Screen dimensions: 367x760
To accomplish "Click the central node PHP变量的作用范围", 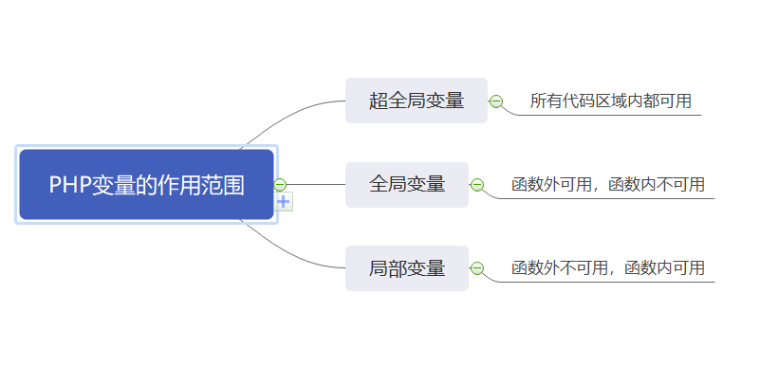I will pyautogui.click(x=146, y=184).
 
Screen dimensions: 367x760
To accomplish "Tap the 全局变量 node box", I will pyautogui.click(x=406, y=184).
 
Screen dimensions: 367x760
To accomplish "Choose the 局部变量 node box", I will pyautogui.click(x=406, y=268).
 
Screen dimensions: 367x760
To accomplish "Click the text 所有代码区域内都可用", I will pyautogui.click(x=610, y=101).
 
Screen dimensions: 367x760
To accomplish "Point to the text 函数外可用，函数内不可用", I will pyautogui.click(x=607, y=184).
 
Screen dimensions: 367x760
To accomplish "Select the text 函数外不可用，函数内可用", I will pyautogui.click(x=607, y=268).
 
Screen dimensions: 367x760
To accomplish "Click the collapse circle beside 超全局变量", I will pyautogui.click(x=495, y=101).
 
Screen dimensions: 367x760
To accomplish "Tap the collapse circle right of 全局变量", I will pyautogui.click(x=477, y=185).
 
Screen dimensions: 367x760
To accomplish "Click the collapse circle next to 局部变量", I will pyautogui.click(x=477, y=268).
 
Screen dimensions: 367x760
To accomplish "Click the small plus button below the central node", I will pyautogui.click(x=284, y=201).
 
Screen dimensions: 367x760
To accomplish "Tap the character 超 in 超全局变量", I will pyautogui.click(x=379, y=101).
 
